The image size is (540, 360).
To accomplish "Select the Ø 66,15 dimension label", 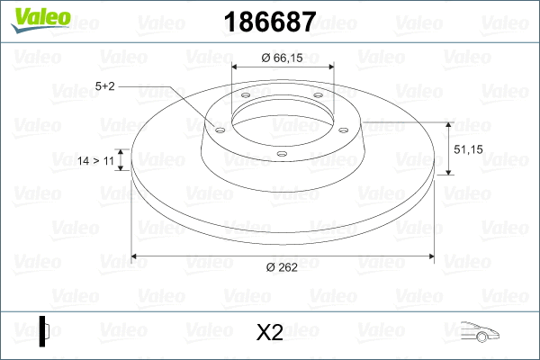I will (283, 58).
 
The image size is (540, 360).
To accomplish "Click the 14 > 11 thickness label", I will (95, 160).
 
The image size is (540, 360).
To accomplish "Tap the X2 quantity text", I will (270, 333).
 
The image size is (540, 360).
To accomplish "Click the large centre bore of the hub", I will (283, 114).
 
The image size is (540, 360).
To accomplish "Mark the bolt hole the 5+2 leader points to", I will (220, 129).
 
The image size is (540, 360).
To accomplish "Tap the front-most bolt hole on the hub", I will (282, 154).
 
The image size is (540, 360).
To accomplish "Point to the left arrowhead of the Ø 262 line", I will (136, 256).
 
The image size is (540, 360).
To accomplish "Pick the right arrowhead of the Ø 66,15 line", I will (330, 67).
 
